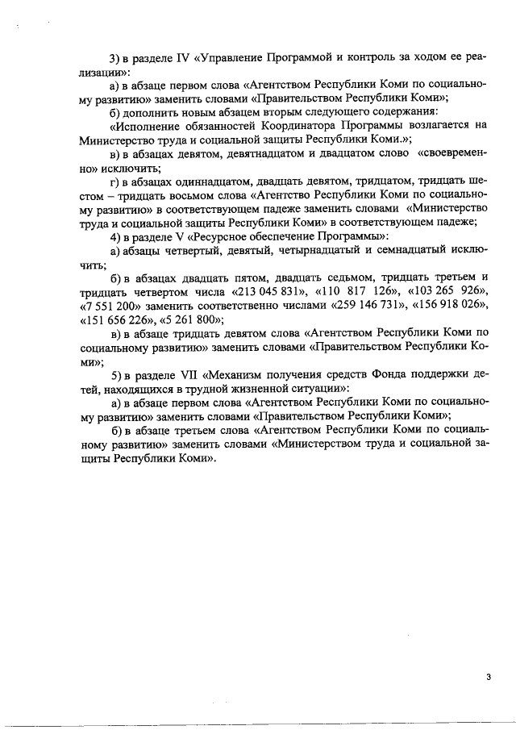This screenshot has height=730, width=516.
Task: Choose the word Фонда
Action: tap(394, 374)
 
